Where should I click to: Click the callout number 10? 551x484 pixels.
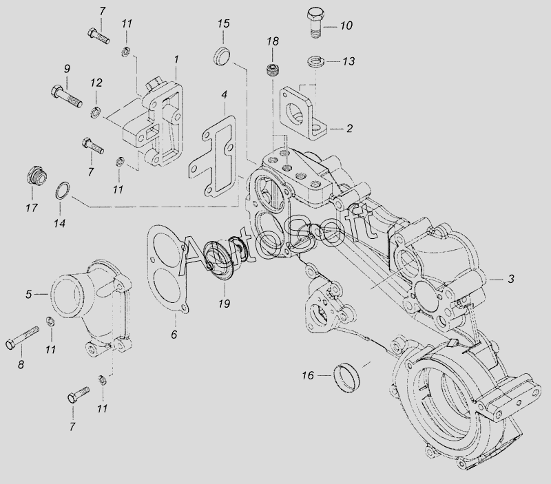tap(346, 25)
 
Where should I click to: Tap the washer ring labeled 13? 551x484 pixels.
tap(316, 62)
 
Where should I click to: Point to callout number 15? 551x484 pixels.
tap(223, 24)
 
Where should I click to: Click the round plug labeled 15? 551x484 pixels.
tap(221, 56)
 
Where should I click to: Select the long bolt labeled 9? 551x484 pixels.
tap(67, 96)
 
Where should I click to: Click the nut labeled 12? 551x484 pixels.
tap(95, 112)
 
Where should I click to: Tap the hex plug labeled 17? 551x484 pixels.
tap(37, 177)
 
